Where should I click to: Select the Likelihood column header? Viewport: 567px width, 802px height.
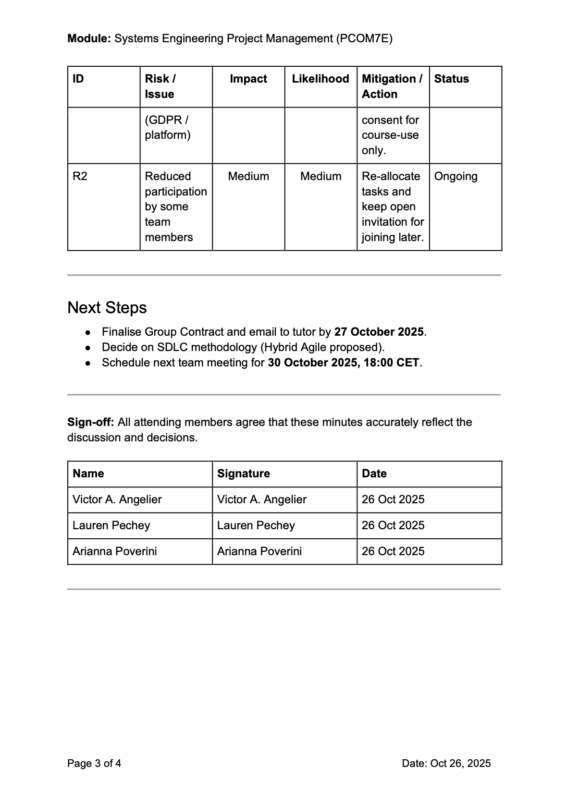(x=320, y=79)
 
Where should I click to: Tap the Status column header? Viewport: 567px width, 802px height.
(x=451, y=79)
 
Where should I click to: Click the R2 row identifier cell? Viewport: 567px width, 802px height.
(x=80, y=176)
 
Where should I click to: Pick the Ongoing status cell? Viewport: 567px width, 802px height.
(x=456, y=176)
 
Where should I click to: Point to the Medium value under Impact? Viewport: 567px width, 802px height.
(x=248, y=176)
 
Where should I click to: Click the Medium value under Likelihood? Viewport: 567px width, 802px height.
(x=320, y=176)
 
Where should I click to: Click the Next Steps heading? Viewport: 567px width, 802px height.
(x=107, y=307)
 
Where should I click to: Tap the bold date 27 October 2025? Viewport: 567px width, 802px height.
(x=379, y=332)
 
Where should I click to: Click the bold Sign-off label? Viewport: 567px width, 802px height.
(x=90, y=422)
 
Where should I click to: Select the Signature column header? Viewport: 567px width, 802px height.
(x=243, y=474)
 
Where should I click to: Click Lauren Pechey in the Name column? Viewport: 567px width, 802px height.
(x=111, y=525)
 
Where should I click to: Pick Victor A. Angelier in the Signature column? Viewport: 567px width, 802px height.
(x=261, y=499)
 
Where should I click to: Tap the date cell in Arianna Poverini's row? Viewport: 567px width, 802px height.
(x=393, y=551)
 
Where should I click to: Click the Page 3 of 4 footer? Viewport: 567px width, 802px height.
(x=94, y=763)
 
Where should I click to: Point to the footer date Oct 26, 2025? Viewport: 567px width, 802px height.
(x=460, y=763)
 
